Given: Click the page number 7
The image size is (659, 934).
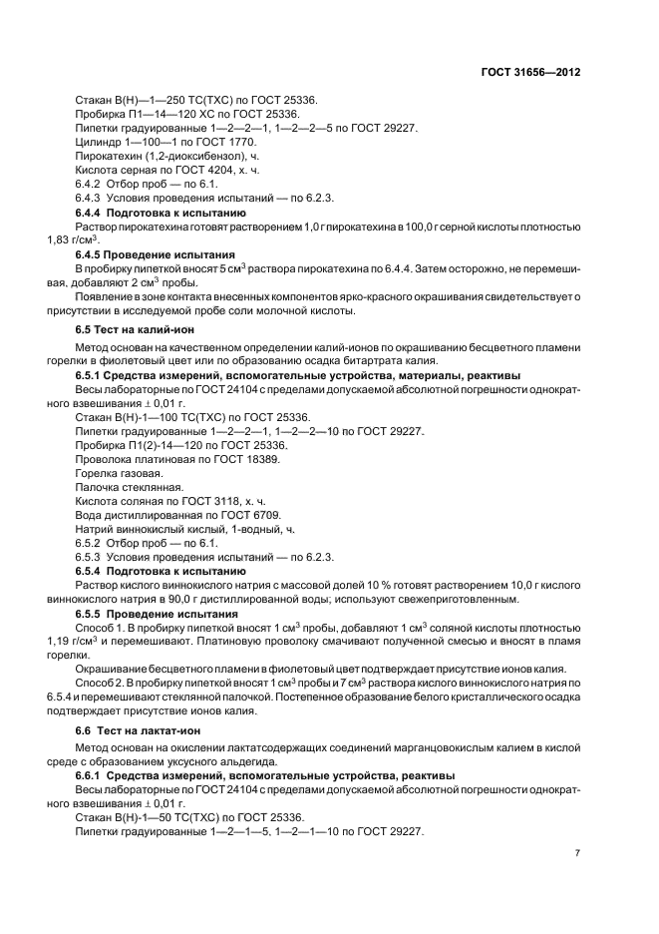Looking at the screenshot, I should [x=577, y=853].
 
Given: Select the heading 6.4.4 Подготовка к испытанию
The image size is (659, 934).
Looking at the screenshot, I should [x=163, y=213].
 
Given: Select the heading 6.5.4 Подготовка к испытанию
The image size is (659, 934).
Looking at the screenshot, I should [x=163, y=570].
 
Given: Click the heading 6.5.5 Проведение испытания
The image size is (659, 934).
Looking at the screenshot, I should [x=158, y=612].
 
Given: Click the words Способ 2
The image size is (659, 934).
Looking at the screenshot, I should [x=100, y=682].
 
